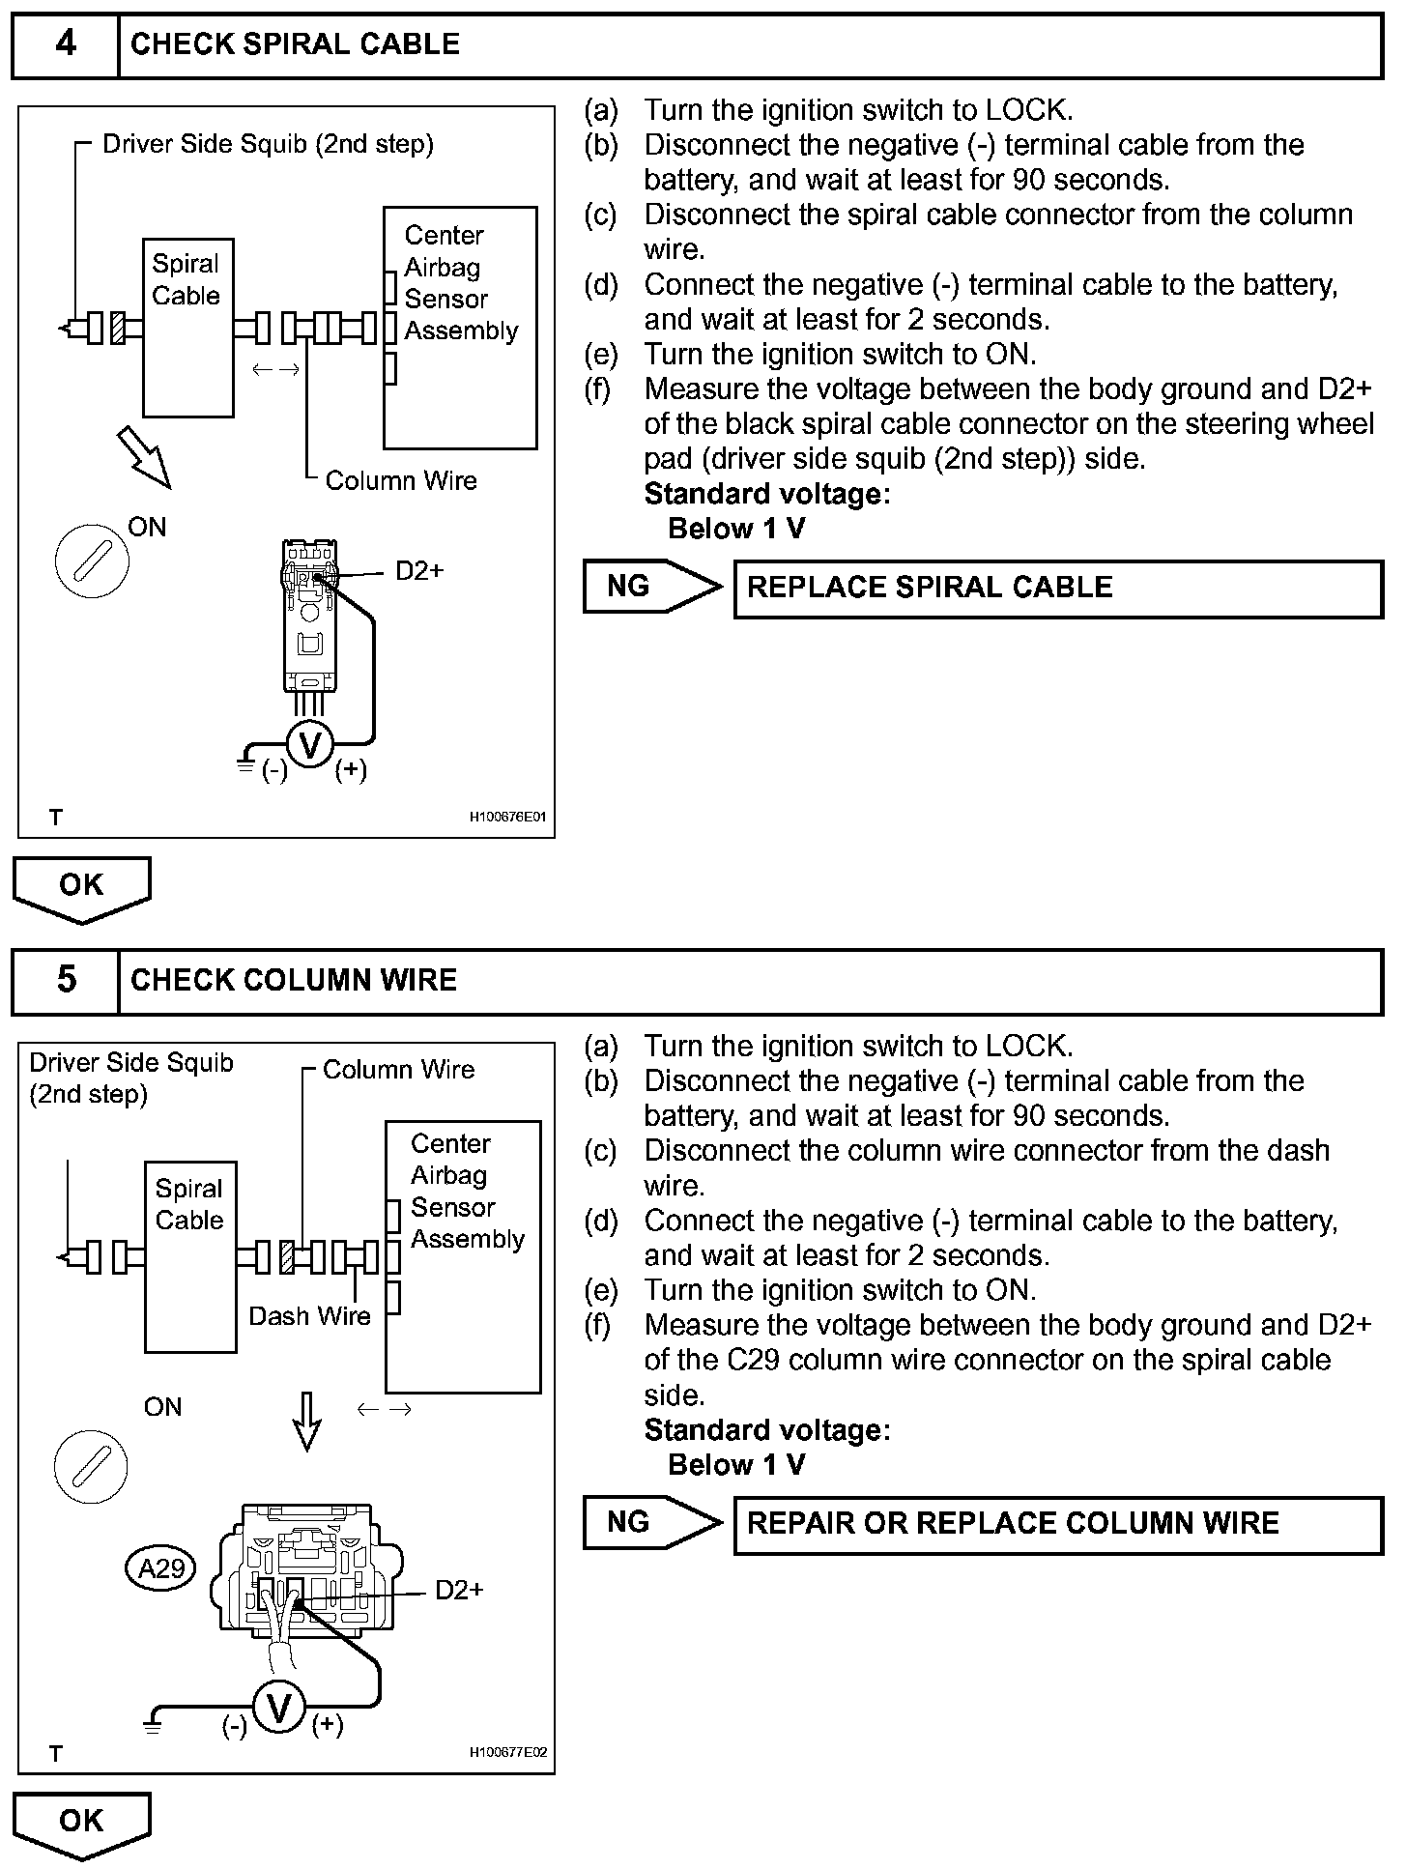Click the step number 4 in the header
pyautogui.click(x=66, y=44)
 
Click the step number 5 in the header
pyautogui.click(x=66, y=980)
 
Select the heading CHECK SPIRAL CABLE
pyautogui.click(x=295, y=44)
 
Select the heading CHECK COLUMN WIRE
pyautogui.click(x=294, y=980)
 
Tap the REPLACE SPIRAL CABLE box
pyautogui.click(x=1058, y=589)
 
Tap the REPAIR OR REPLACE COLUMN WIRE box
pyautogui.click(x=1058, y=1525)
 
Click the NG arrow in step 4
pyautogui.click(x=652, y=587)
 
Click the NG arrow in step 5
pyautogui.click(x=652, y=1523)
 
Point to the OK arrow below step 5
pyautogui.click(x=82, y=1826)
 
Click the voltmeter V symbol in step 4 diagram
pyautogui.click(x=310, y=745)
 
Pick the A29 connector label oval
pyautogui.click(x=161, y=1567)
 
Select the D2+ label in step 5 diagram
pyautogui.click(x=459, y=1590)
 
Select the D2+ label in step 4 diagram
pyautogui.click(x=419, y=571)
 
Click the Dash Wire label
pyautogui.click(x=310, y=1316)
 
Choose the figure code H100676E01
pyautogui.click(x=507, y=818)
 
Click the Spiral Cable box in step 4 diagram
pyautogui.click(x=188, y=328)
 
